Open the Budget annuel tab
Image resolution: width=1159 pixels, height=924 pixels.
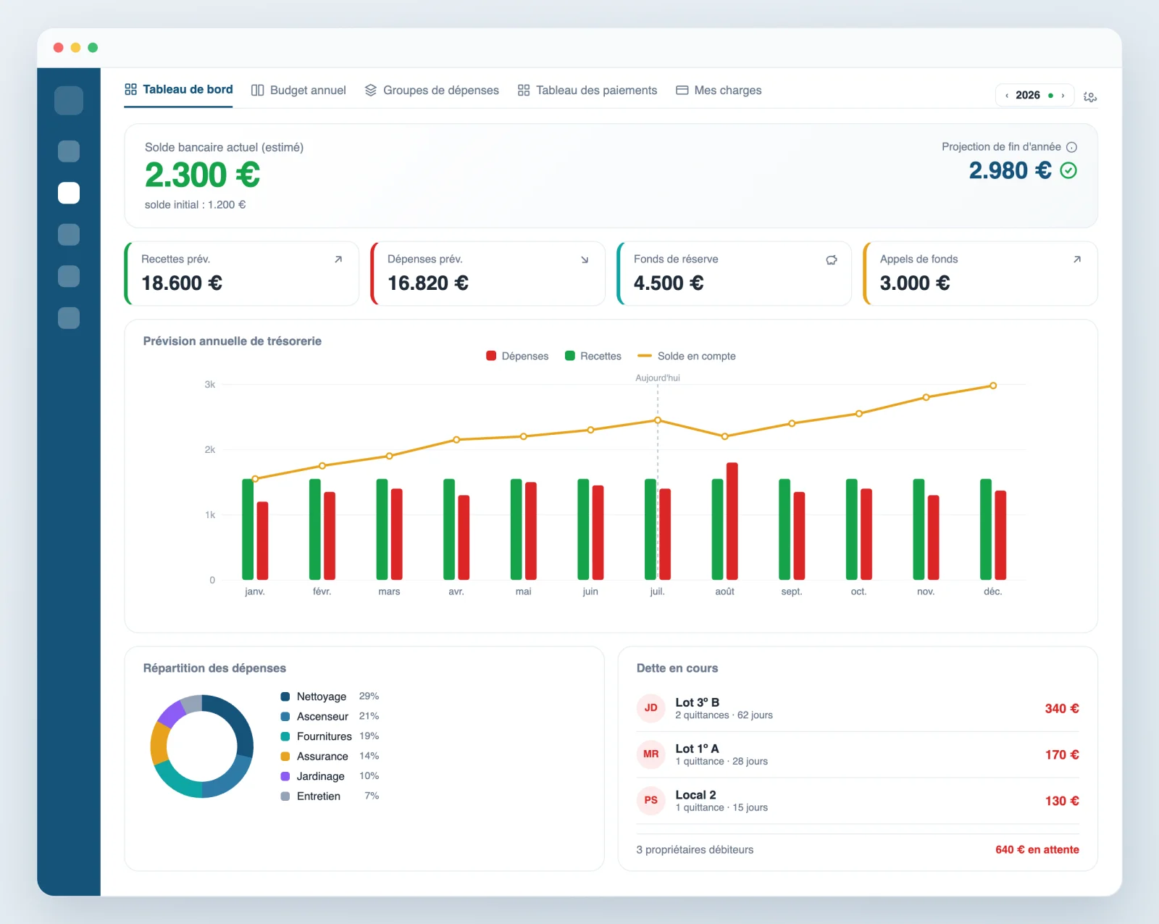[299, 90]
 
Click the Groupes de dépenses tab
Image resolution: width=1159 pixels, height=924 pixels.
[432, 90]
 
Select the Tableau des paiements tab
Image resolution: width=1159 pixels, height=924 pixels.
[587, 90]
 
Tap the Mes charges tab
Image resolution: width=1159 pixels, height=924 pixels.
[719, 90]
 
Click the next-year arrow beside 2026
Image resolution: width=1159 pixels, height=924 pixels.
[1063, 96]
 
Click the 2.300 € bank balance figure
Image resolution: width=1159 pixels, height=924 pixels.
[203, 175]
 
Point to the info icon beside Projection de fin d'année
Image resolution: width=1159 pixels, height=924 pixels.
[1072, 147]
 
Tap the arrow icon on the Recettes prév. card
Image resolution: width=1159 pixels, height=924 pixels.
[338, 259]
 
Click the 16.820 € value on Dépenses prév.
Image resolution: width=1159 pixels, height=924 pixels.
[428, 283]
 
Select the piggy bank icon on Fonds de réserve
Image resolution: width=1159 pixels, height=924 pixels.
[832, 259]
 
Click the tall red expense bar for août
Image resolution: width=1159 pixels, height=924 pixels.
[732, 521]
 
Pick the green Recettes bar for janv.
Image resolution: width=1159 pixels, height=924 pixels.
[248, 529]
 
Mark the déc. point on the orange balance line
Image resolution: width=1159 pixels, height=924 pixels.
[993, 386]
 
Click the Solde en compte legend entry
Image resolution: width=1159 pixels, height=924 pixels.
[687, 356]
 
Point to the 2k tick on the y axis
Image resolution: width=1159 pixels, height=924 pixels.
[209, 449]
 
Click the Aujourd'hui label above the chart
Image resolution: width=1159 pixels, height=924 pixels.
[658, 378]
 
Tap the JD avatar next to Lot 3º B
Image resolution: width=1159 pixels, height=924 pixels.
[651, 708]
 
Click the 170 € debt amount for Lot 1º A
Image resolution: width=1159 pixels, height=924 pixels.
[1061, 754]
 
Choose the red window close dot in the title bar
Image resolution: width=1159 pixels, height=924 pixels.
[59, 47]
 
